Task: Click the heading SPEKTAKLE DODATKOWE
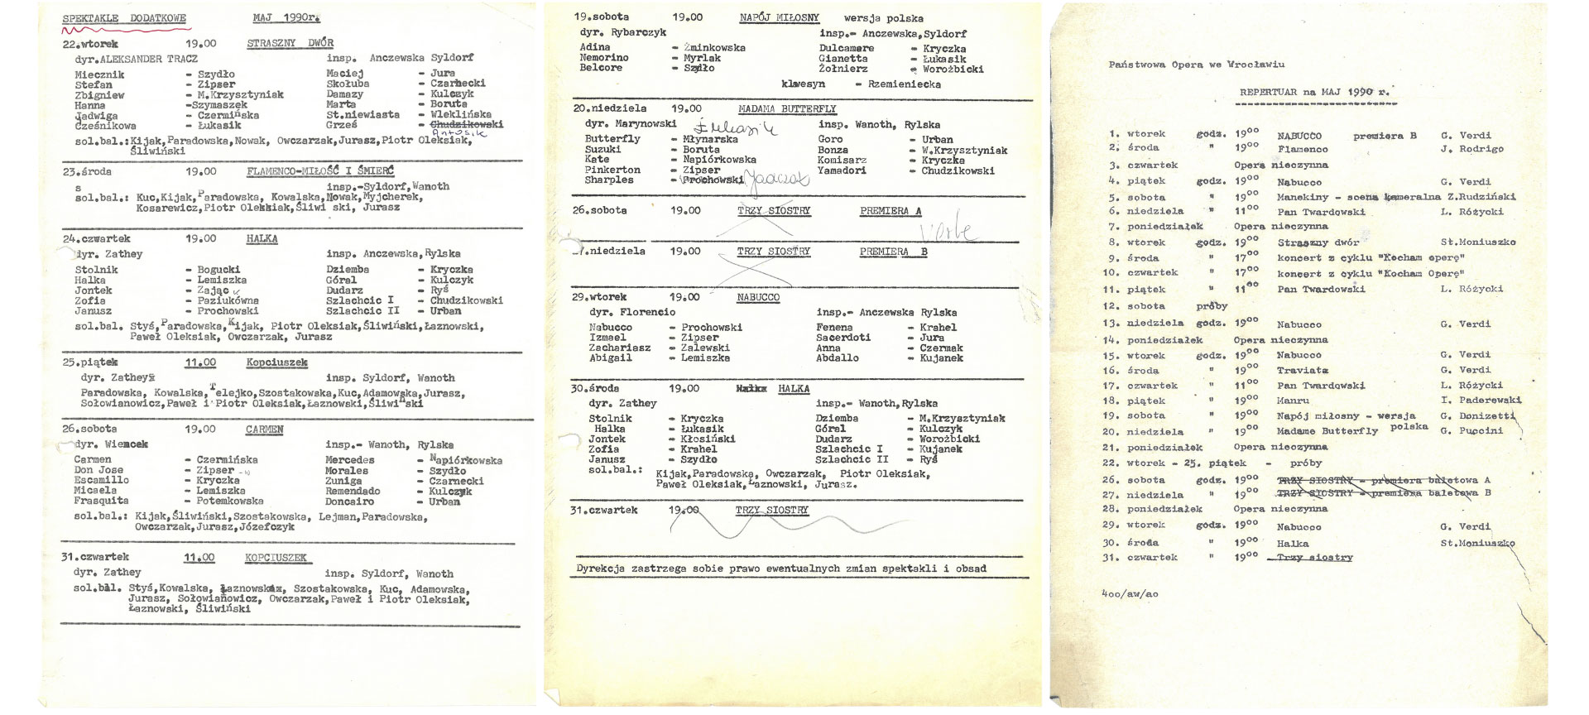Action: pos(124,18)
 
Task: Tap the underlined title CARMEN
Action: pos(264,429)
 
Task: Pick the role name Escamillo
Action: pos(101,480)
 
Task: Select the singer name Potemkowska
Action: pos(230,501)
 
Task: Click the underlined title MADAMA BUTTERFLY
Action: pos(787,108)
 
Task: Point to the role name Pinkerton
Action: pos(612,170)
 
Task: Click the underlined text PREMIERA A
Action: pos(890,211)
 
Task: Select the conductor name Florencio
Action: pos(647,313)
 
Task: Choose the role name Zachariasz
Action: pos(620,348)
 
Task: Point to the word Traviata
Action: pos(1302,371)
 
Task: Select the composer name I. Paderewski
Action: pos(1481,401)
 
